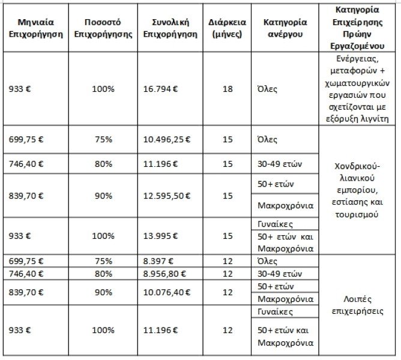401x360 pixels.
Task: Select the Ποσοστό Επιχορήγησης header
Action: click(x=102, y=28)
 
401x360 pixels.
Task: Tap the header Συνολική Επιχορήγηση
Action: click(x=171, y=28)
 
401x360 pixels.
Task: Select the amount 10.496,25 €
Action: click(x=167, y=139)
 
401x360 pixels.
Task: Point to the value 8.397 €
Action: click(x=157, y=262)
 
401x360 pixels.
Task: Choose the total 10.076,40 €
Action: click(x=167, y=292)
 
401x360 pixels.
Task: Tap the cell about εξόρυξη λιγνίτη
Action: click(x=358, y=119)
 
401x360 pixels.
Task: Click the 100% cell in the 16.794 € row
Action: click(x=102, y=90)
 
